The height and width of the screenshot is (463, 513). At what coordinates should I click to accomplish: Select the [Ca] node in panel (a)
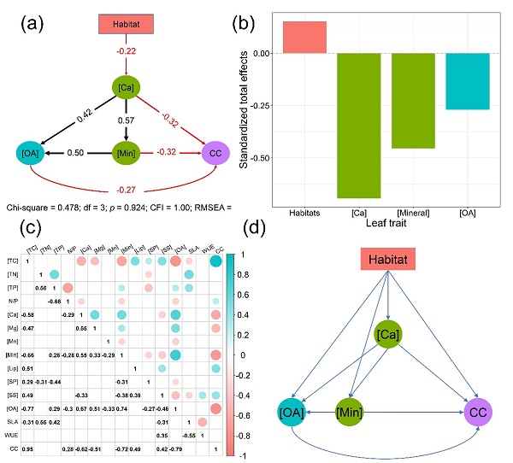click(127, 87)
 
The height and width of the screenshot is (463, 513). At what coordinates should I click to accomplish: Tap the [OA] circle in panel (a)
click(30, 155)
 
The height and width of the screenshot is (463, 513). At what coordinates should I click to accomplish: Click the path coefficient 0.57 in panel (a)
click(126, 120)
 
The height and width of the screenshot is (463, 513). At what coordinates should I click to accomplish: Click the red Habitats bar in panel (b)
click(304, 37)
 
